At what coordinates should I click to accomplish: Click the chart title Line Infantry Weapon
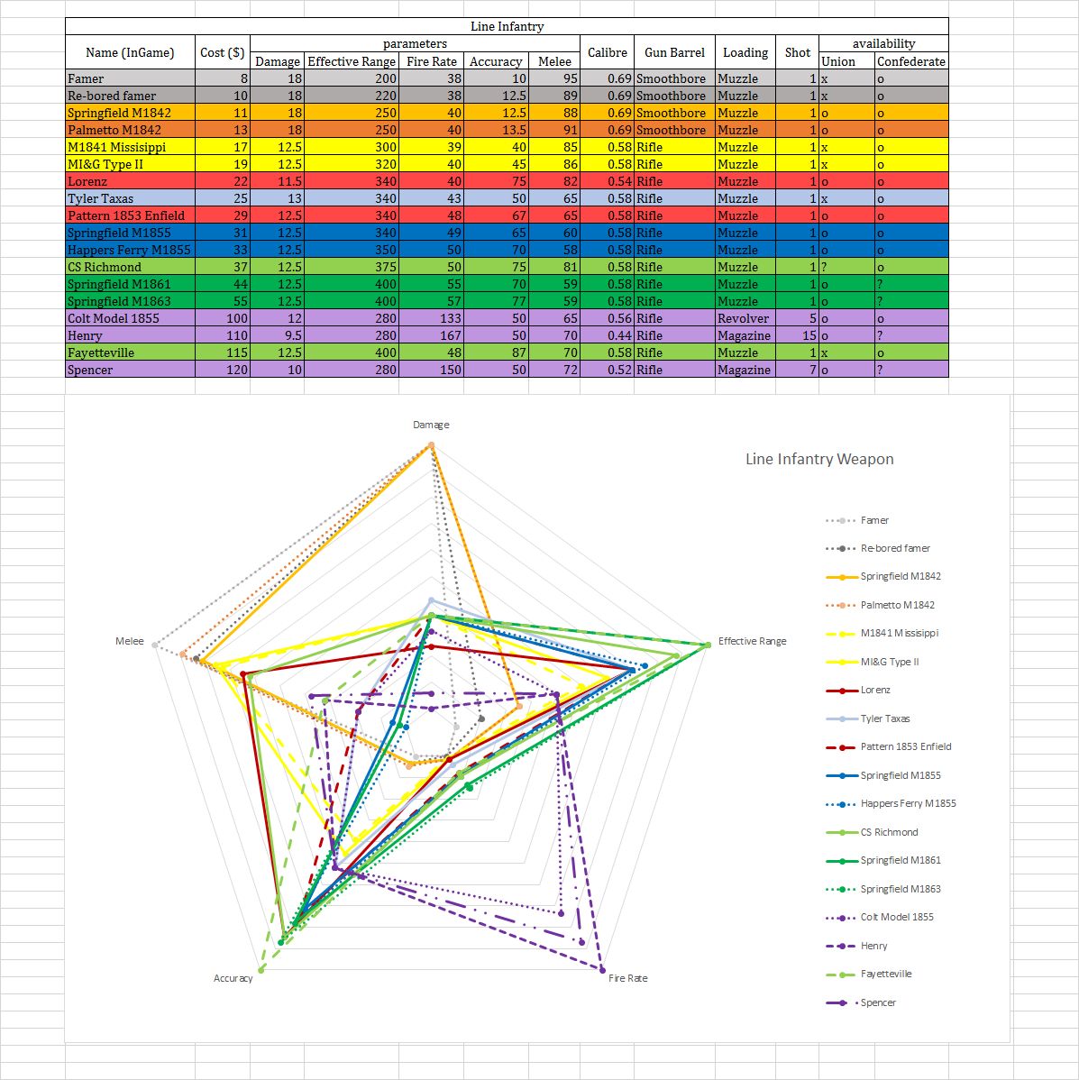click(x=818, y=459)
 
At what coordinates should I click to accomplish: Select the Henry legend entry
click(x=873, y=946)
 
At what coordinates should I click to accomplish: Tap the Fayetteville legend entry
click(x=885, y=974)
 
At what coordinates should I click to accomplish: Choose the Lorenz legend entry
click(x=874, y=690)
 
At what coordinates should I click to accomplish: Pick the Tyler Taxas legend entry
click(x=884, y=718)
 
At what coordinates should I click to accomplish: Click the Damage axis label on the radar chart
click(x=431, y=425)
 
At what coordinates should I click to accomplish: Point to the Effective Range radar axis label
click(x=752, y=641)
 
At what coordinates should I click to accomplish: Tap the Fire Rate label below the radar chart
click(x=627, y=978)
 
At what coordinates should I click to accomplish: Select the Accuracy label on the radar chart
click(x=233, y=978)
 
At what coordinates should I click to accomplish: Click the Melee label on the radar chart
click(x=130, y=641)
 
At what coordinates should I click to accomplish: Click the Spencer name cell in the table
click(x=90, y=370)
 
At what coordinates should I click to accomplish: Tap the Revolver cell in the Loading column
click(x=743, y=318)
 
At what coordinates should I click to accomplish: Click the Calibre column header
click(x=607, y=52)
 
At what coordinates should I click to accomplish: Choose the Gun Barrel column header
click(x=674, y=52)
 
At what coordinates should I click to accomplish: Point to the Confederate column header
click(x=910, y=61)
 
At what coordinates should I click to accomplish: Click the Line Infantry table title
click(x=507, y=26)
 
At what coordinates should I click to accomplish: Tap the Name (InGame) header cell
click(x=130, y=52)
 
